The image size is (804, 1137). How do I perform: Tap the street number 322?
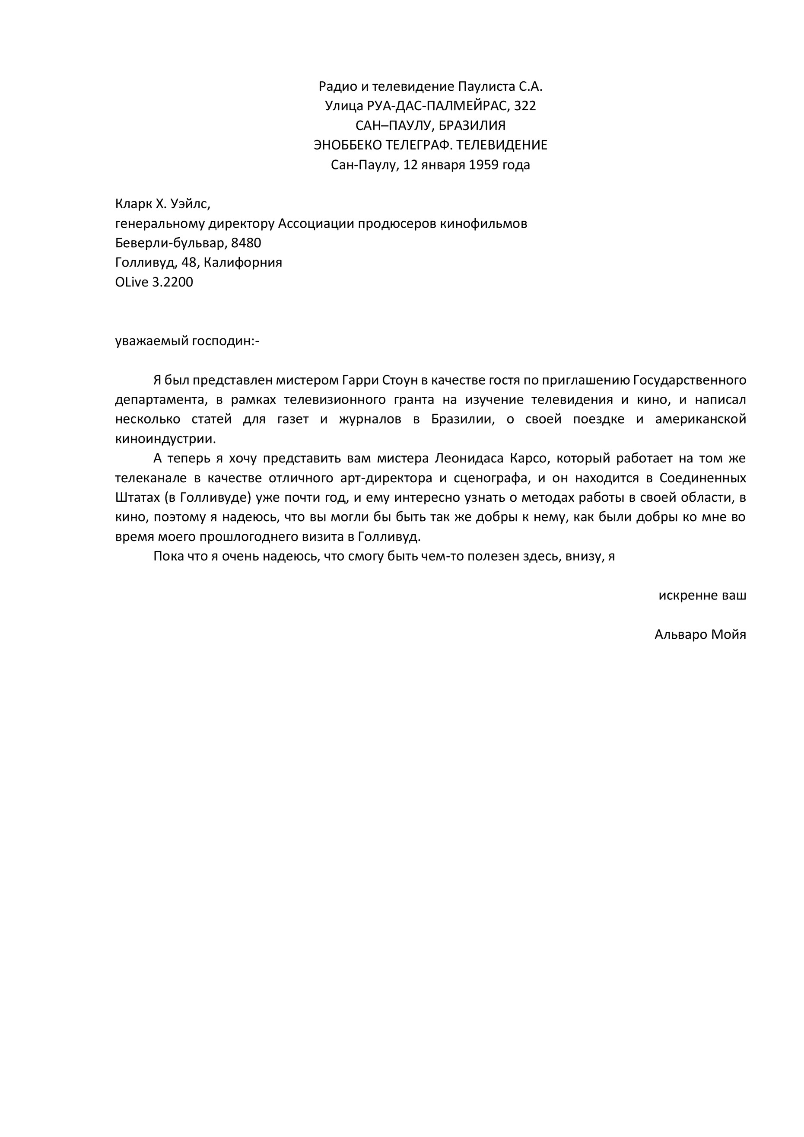pyautogui.click(x=525, y=106)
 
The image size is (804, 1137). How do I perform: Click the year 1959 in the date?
pyautogui.click(x=484, y=165)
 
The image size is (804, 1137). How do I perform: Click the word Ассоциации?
pyautogui.click(x=315, y=224)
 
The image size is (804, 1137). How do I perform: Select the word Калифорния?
pyautogui.click(x=243, y=262)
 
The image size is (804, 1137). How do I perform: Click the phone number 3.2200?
pyautogui.click(x=173, y=282)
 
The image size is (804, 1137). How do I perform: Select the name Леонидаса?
pyautogui.click(x=469, y=459)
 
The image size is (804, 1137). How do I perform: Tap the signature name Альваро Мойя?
pyautogui.click(x=700, y=635)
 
